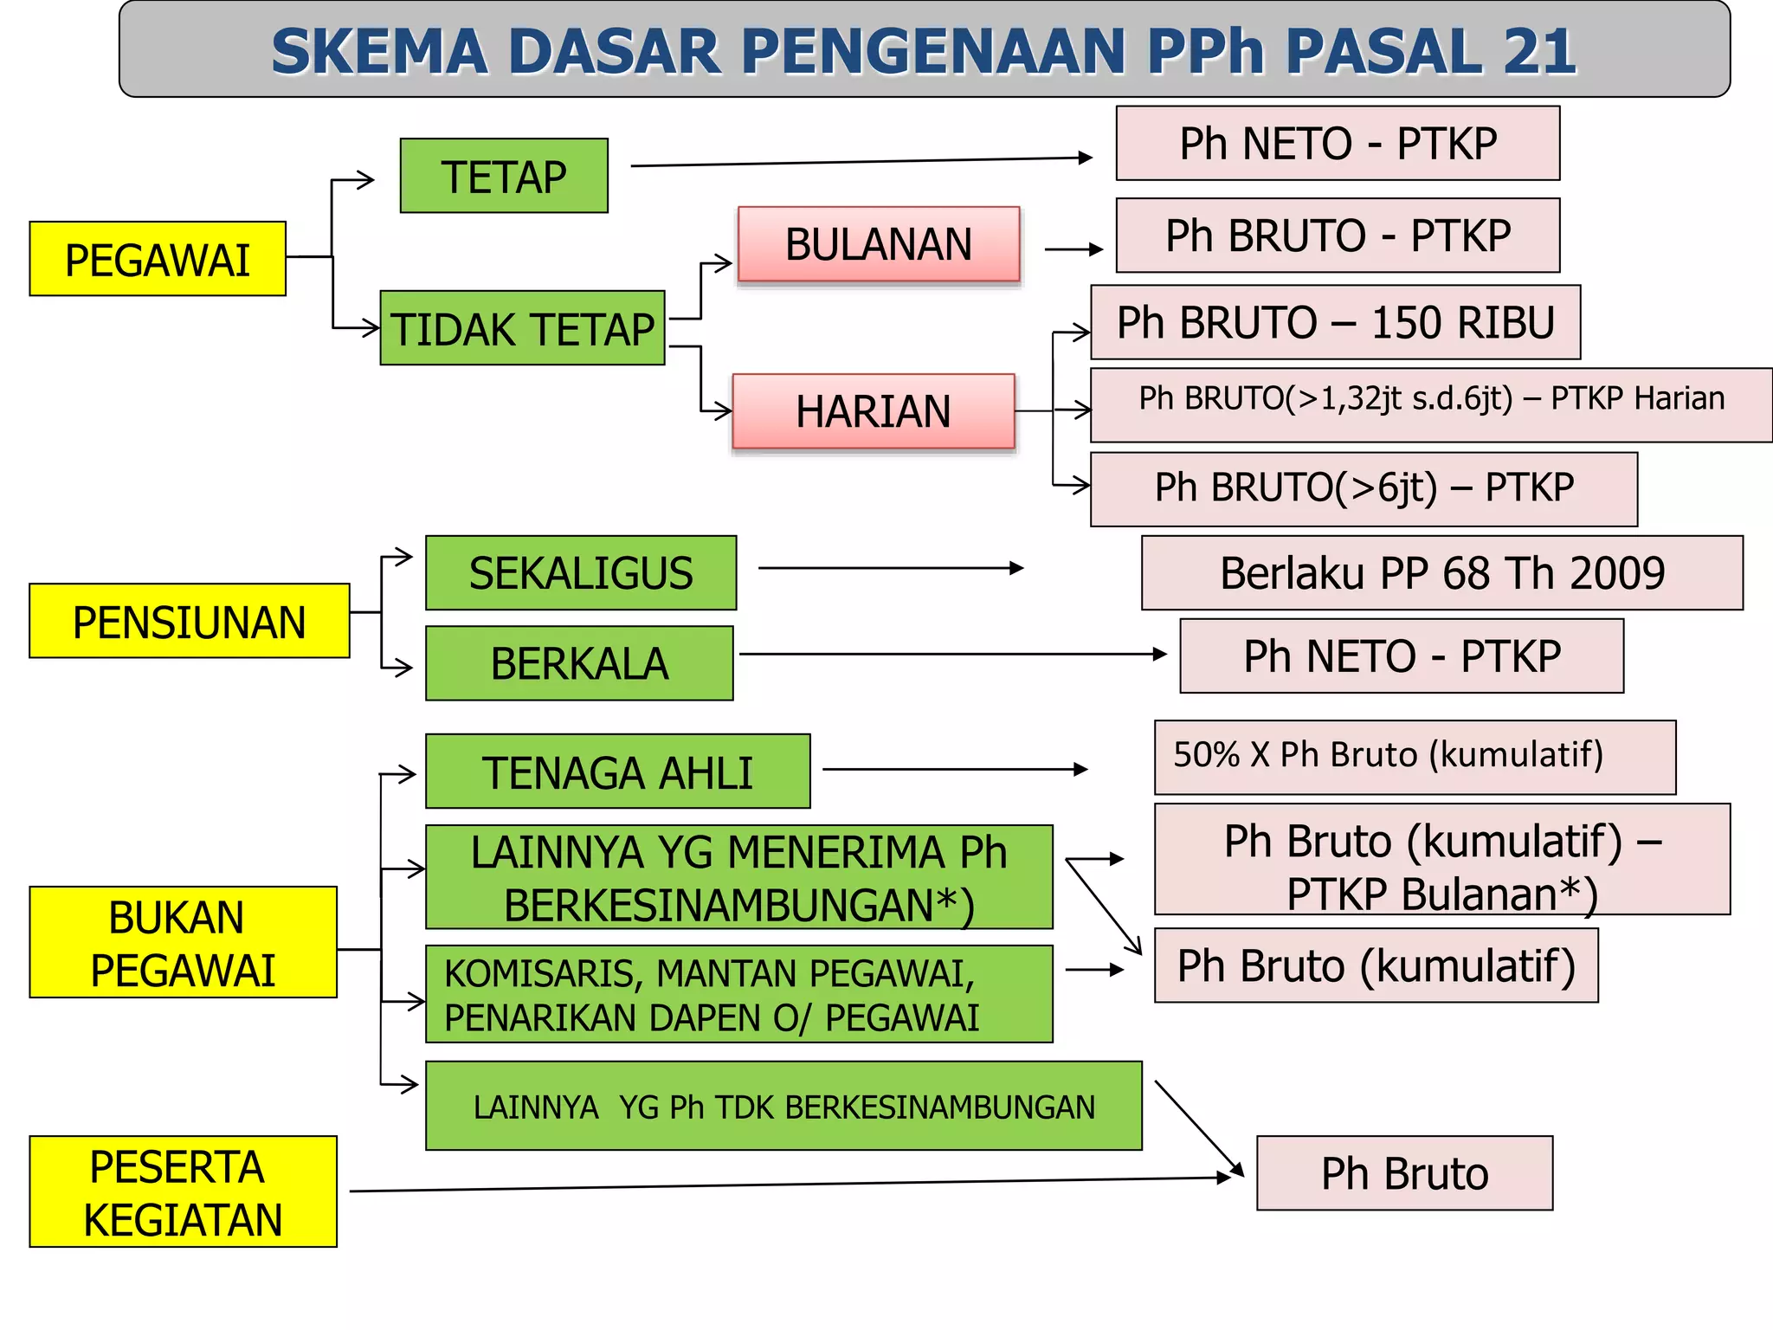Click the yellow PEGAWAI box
point(158,259)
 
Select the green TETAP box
point(504,176)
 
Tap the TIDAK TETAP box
point(522,328)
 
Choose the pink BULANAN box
point(879,244)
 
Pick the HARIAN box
point(874,411)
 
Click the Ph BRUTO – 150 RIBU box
point(1335,322)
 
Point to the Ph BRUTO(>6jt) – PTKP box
point(1364,488)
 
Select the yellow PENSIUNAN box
point(189,621)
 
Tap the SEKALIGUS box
point(581,572)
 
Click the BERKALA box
point(579,663)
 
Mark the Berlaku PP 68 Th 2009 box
point(1441,572)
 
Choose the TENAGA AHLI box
point(617,772)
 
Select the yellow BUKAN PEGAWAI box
point(183,942)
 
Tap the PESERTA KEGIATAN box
point(183,1191)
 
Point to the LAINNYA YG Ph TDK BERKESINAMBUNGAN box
point(783,1106)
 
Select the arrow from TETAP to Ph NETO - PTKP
point(861,161)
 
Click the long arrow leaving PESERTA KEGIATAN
point(788,1184)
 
